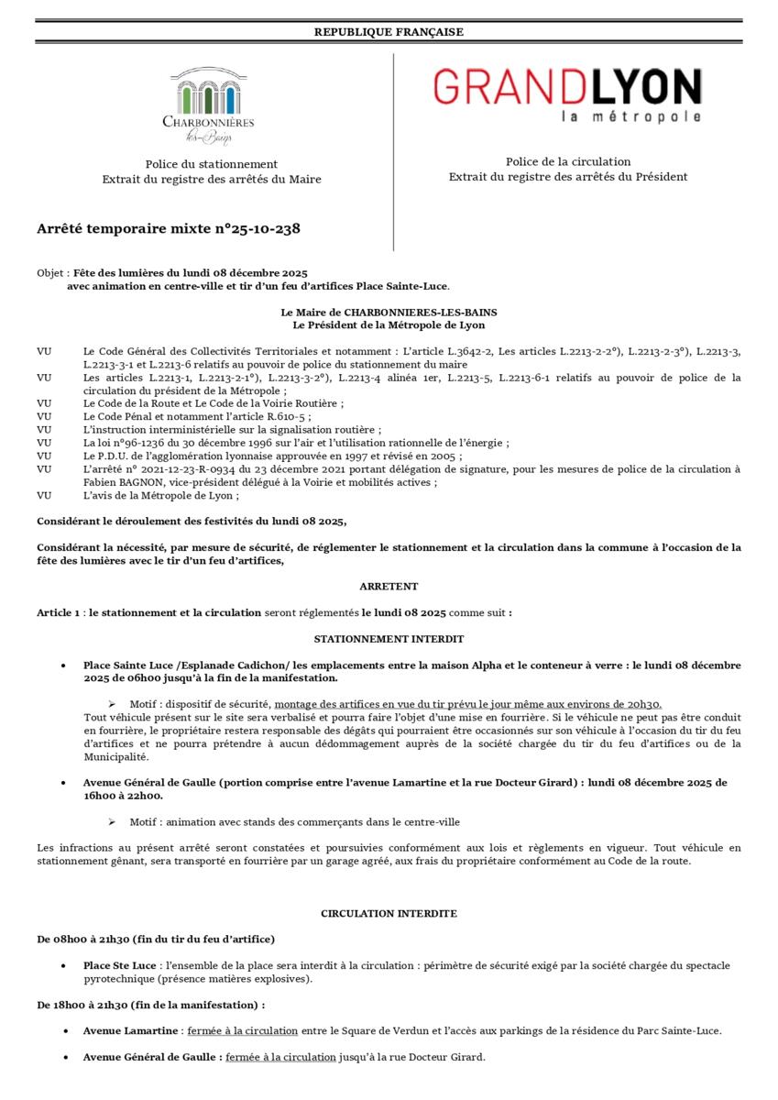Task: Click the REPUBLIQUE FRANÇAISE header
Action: [x=389, y=32]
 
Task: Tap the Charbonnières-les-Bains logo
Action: [x=208, y=106]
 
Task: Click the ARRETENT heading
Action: [x=389, y=586]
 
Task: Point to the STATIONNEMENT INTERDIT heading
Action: [x=389, y=638]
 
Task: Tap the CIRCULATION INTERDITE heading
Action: [x=389, y=914]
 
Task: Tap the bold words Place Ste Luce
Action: [x=119, y=965]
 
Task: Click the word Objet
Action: [x=50, y=273]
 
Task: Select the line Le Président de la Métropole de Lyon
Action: [x=389, y=324]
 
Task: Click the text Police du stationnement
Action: [x=212, y=163]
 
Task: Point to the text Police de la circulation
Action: [x=567, y=161]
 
